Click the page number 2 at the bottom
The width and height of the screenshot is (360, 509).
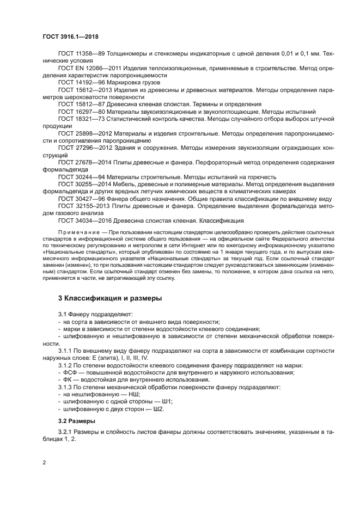click(x=44, y=463)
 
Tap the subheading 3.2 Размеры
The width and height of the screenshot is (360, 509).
click(x=77, y=421)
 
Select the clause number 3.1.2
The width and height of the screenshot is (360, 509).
click(x=66, y=365)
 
